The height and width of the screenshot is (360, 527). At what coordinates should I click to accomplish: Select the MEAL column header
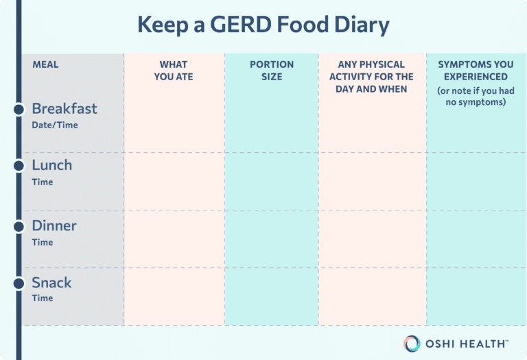[x=45, y=64]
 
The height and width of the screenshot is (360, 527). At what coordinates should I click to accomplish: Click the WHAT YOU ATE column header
[x=174, y=71]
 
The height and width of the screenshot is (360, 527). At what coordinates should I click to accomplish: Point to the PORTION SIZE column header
[x=272, y=71]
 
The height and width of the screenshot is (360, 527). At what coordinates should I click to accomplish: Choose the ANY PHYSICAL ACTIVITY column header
[x=372, y=77]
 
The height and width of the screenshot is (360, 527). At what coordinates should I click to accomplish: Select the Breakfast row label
[x=65, y=108]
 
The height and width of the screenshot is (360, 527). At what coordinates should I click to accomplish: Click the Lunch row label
[x=51, y=165]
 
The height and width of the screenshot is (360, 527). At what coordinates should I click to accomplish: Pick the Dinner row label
[x=54, y=226]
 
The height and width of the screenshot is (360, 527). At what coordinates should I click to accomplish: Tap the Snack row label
[x=51, y=283]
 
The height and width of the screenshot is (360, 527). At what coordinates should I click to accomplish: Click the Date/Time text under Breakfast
[x=55, y=125]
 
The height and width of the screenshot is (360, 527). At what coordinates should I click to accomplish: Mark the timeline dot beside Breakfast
[x=19, y=109]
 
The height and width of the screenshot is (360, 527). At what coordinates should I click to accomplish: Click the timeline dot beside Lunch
[x=19, y=166]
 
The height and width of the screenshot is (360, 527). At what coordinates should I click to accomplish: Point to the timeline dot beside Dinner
[x=19, y=226]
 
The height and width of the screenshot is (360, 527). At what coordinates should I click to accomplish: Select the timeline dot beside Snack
[x=19, y=283]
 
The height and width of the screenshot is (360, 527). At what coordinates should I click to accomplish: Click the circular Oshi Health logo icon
[x=412, y=343]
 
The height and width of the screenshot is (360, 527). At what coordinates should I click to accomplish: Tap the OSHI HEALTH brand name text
[x=466, y=343]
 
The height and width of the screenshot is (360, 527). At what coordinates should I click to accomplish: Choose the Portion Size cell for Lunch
[x=272, y=181]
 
